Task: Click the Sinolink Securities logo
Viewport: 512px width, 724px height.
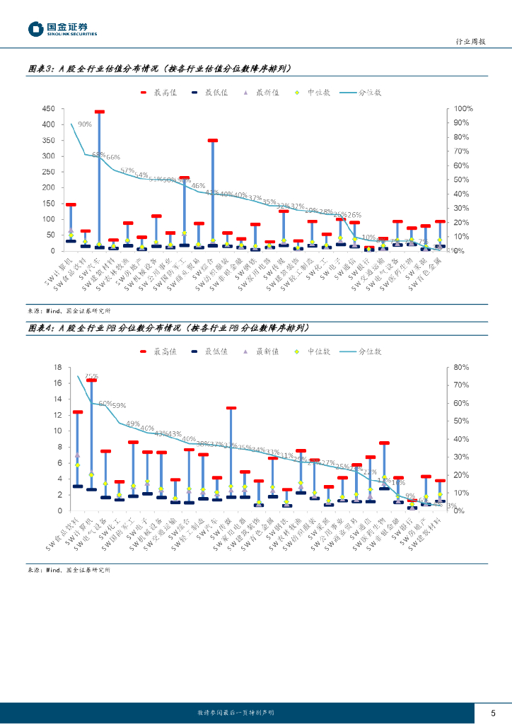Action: tap(62, 29)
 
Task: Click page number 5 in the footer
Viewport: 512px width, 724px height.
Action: tap(494, 712)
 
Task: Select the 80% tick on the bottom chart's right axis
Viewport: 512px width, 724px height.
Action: tap(460, 367)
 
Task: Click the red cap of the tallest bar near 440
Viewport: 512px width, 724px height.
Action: tap(100, 112)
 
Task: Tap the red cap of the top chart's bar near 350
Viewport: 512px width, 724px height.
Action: tap(213, 141)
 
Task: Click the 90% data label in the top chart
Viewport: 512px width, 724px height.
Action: tap(85, 124)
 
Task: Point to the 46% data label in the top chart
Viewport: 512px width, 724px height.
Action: tap(199, 186)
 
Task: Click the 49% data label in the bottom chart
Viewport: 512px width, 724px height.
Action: tap(133, 424)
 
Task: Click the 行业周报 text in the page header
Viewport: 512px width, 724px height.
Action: tap(470, 42)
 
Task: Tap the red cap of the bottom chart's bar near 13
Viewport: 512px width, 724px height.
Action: tap(231, 408)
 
